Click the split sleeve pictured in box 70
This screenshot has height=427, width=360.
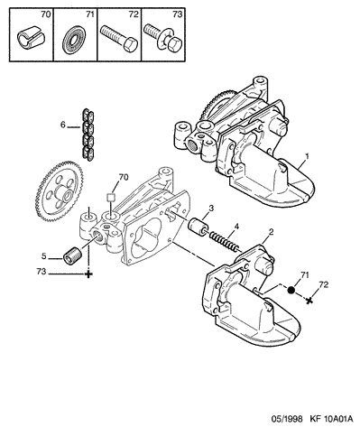click(31, 38)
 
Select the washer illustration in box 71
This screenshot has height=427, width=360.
click(74, 41)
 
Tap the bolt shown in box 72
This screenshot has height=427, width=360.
click(118, 38)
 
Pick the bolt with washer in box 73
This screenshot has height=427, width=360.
click(162, 38)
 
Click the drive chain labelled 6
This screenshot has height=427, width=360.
click(88, 134)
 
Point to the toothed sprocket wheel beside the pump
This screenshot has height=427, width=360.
click(59, 191)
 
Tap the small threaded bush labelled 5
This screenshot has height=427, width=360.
click(72, 255)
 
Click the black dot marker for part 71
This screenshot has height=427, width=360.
click(291, 290)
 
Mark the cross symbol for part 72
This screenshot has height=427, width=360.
click(309, 300)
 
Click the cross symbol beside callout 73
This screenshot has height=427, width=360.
click(88, 274)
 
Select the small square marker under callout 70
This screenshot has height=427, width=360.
click(111, 197)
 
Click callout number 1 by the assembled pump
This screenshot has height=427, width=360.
click(307, 156)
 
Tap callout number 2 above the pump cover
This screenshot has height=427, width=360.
click(271, 232)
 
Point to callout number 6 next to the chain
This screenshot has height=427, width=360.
click(62, 125)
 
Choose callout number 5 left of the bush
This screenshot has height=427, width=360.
click(44, 256)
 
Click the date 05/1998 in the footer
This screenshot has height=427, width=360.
click(286, 419)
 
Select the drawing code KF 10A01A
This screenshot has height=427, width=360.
click(329, 419)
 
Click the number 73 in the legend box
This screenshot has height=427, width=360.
click(177, 14)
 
